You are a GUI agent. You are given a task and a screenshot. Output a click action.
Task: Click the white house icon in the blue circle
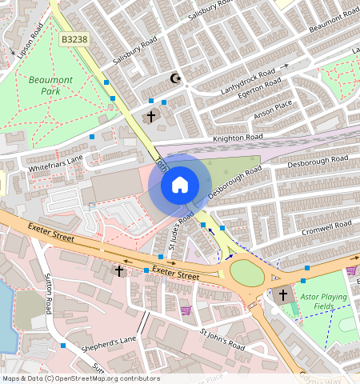pyautogui.click(x=180, y=186)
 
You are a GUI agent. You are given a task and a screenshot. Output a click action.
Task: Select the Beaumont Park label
pyautogui.click(x=50, y=86)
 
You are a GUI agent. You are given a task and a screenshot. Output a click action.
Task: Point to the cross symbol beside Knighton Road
pyautogui.click(x=151, y=117)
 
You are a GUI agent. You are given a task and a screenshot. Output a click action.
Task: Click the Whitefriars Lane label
pyautogui.click(x=56, y=164)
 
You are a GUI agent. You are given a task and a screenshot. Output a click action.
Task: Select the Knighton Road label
pyautogui.click(x=237, y=138)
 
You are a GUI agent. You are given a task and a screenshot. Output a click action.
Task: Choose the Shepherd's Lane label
pyautogui.click(x=107, y=344)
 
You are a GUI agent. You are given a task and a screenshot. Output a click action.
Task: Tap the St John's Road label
pyautogui.click(x=222, y=339)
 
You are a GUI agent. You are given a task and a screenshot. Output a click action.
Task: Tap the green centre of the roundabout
pyautogui.click(x=248, y=274)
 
